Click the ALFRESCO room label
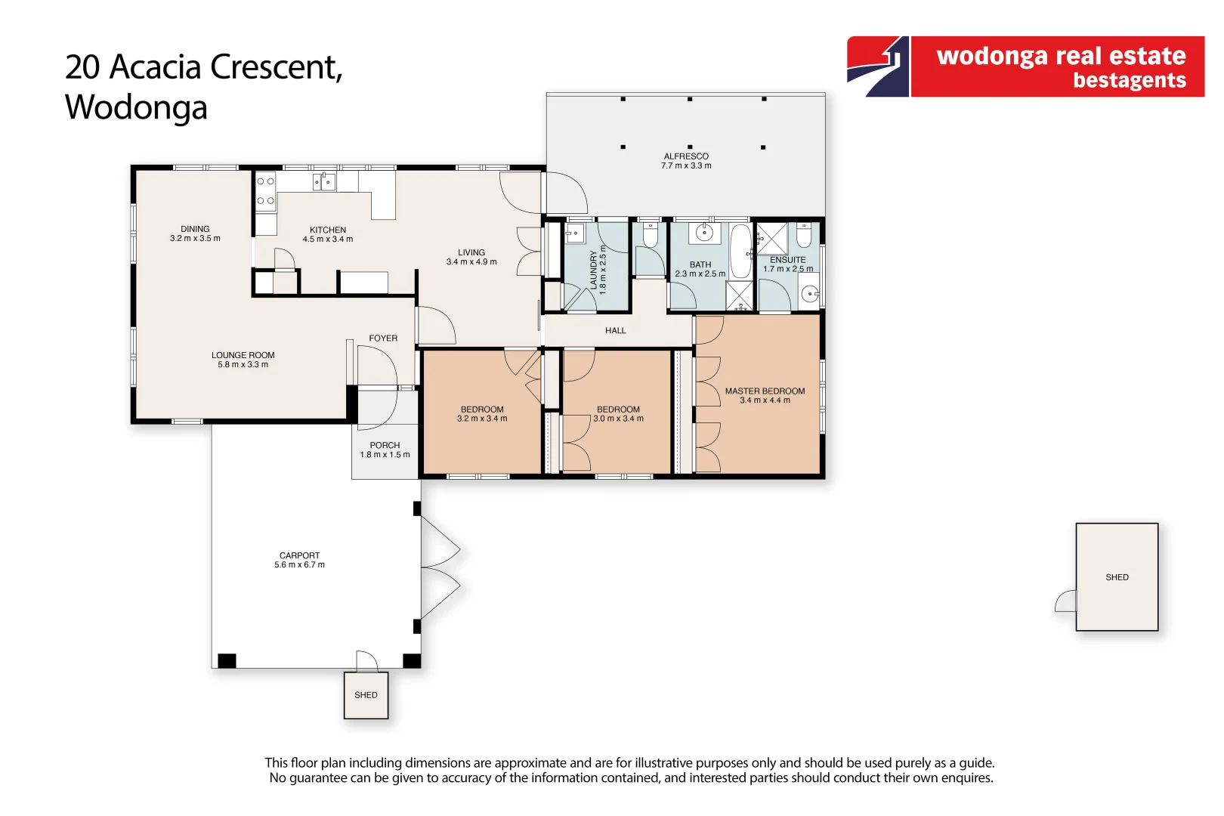coord(686,156)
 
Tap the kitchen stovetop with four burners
coord(265,191)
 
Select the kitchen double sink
coord(324,182)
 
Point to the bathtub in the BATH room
coord(740,251)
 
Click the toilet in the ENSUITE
coord(804,236)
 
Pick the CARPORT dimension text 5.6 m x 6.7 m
coord(299,565)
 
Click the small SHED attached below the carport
coord(366,695)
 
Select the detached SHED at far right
coord(1117,577)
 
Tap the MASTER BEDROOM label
coord(765,391)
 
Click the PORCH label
coord(385,446)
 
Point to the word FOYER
coord(383,338)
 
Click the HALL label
coord(615,331)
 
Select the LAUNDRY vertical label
coord(594,270)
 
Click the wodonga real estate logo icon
coord(878,66)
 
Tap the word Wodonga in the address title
coord(136,107)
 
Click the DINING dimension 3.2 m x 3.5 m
coord(195,239)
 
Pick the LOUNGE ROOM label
coord(243,355)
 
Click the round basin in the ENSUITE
coord(810,294)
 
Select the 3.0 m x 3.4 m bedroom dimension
coord(618,419)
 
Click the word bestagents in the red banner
coord(1129,80)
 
